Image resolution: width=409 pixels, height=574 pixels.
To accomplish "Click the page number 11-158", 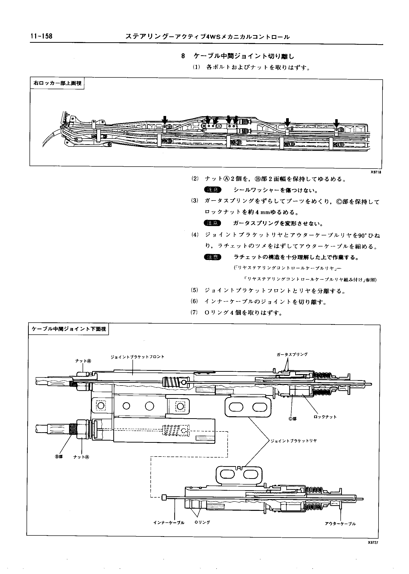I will point(41,36).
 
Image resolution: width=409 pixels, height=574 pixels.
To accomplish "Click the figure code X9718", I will point(376,172).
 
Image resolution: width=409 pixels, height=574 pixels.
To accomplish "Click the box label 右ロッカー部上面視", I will point(58,83).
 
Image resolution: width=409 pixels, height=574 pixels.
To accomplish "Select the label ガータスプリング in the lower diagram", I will point(292,354).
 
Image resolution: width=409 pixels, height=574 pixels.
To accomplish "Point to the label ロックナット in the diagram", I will point(325,417).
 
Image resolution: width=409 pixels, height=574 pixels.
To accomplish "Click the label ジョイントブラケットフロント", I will point(137,357).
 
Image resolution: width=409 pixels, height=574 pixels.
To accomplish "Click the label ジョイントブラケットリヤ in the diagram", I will point(293,441).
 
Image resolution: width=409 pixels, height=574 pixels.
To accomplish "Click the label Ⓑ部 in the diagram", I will point(59,457).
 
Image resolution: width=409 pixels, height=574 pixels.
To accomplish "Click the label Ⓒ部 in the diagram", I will point(292,419).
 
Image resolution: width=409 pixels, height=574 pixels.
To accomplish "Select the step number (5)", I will point(194,290).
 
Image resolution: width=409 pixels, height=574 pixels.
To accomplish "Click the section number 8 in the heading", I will point(183,56).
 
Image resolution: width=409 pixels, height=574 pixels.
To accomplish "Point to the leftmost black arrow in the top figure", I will point(165,120).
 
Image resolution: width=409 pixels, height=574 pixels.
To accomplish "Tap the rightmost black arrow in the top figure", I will point(336,123).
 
